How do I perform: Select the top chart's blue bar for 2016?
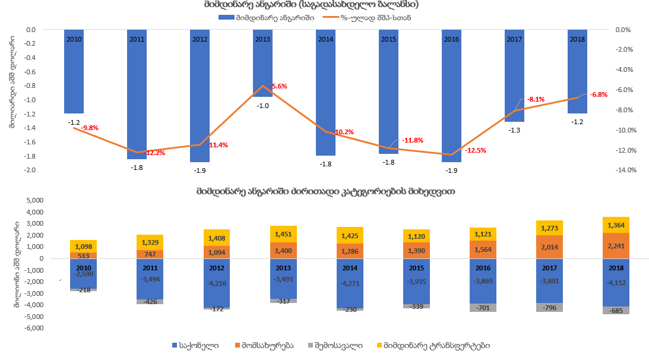point(451,101)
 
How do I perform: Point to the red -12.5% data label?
point(475,151)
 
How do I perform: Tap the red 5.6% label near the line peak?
point(279,87)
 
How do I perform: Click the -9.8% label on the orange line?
point(90,128)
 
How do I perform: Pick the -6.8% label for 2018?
point(599,95)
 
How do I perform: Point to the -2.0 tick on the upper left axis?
point(30,170)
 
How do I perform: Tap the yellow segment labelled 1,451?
point(262,234)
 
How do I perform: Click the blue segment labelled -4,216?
point(200,283)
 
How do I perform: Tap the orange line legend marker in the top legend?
point(330,17)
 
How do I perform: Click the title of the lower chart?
point(325,191)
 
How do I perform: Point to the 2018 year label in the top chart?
point(577,39)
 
